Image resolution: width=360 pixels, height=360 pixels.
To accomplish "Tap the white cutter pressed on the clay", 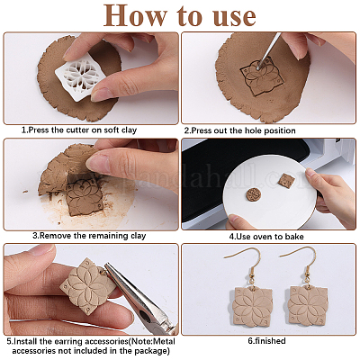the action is click(x=80, y=75).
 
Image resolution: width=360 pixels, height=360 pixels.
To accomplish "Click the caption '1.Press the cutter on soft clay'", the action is click(x=79, y=130).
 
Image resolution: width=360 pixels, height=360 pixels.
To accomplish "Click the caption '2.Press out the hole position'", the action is click(x=239, y=130).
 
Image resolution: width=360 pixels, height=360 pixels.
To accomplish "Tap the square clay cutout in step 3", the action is click(x=84, y=195).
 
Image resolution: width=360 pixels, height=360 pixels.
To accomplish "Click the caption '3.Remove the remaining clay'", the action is click(x=89, y=236).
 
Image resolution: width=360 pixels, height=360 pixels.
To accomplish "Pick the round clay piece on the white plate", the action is click(x=254, y=195).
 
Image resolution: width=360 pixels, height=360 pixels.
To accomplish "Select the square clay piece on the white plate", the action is click(x=285, y=181).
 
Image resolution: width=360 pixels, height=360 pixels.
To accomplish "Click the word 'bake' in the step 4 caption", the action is click(x=294, y=237).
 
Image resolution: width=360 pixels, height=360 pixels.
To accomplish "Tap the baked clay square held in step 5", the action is click(x=88, y=286).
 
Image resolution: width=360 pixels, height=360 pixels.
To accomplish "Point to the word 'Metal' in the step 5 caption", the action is click(x=165, y=341).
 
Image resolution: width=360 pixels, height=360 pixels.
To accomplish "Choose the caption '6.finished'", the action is click(x=266, y=341).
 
